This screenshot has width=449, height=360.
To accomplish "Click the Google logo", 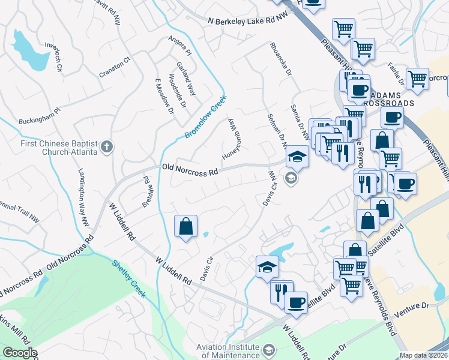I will (20, 353).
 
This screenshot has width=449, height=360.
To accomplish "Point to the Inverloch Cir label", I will (50, 58).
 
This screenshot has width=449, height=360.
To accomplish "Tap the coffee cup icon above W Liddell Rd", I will (295, 302).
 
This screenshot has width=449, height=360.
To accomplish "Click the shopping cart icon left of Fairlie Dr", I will (363, 49).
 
